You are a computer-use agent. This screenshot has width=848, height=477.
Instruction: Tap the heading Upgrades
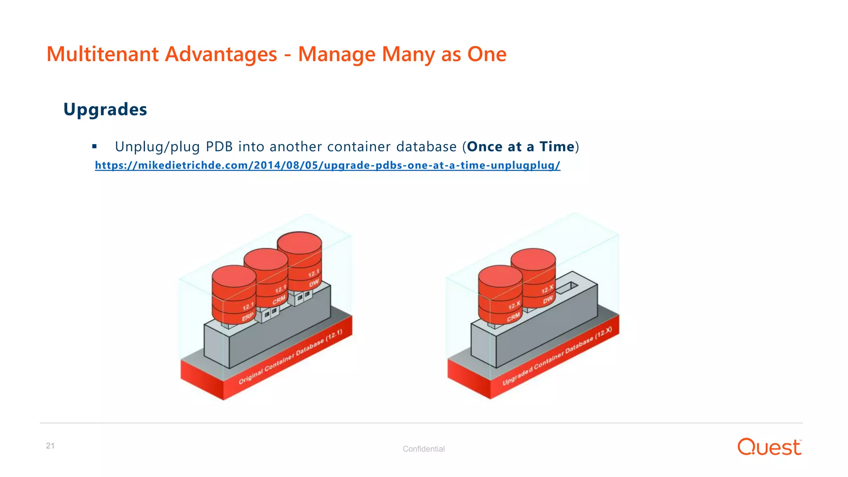pyautogui.click(x=105, y=110)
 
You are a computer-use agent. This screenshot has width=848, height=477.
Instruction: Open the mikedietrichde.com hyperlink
pyautogui.click(x=327, y=165)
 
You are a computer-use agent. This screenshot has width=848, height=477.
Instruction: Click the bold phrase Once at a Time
pyautogui.click(x=520, y=147)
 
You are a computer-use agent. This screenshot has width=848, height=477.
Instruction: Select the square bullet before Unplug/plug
pyautogui.click(x=94, y=147)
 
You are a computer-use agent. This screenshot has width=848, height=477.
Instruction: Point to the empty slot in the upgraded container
pyautogui.click(x=568, y=287)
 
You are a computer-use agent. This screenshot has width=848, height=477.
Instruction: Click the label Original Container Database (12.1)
pyautogui.click(x=290, y=357)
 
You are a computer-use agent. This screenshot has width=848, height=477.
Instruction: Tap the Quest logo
pyautogui.click(x=769, y=447)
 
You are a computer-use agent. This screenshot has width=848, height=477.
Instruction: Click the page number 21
pyautogui.click(x=50, y=446)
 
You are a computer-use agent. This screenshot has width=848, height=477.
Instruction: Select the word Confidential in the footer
pyautogui.click(x=424, y=449)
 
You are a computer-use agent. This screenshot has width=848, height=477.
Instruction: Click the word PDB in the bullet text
pyautogui.click(x=219, y=147)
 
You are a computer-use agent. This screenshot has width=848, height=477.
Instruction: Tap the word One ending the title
pyautogui.click(x=487, y=54)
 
